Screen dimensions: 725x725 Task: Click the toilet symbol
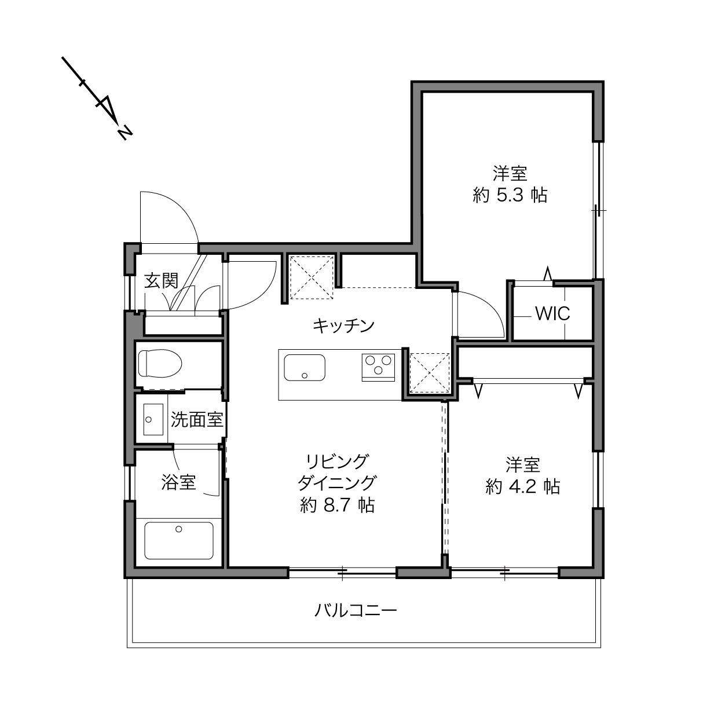[160, 364]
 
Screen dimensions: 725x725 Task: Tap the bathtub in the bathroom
[179, 541]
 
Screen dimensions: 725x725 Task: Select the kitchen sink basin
[305, 368]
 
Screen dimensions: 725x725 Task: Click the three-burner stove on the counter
[378, 367]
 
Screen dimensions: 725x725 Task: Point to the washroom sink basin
[153, 419]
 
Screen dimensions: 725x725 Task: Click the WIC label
[552, 313]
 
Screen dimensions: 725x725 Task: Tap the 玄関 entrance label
[161, 281]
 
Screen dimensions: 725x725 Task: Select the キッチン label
[343, 325]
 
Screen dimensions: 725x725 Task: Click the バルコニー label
[356, 610]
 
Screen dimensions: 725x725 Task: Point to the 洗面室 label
[197, 419]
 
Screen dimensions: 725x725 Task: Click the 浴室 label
[179, 482]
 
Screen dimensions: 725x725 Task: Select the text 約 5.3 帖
[510, 195]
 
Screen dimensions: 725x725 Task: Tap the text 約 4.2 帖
[522, 486]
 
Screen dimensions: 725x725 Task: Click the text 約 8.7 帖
[338, 505]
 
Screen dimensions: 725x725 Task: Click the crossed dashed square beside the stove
[430, 372]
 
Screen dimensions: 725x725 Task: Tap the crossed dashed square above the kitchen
[312, 277]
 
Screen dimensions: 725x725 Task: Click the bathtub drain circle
[179, 529]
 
